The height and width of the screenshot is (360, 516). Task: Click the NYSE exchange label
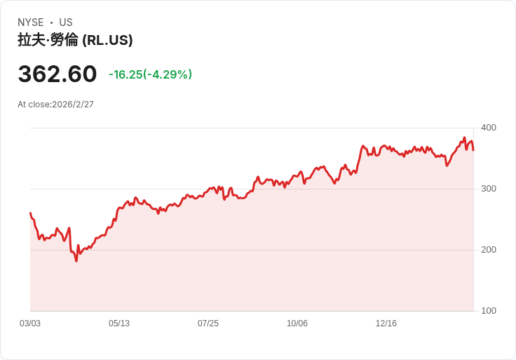coord(31,22)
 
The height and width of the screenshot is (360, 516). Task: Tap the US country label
coord(66,22)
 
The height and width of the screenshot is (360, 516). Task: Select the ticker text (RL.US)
coord(107,40)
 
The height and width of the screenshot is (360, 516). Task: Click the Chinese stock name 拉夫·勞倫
coord(48,40)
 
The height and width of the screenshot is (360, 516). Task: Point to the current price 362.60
coord(57,74)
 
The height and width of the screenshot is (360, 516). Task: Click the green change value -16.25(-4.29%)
coord(151,74)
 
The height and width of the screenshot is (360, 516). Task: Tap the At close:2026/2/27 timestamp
coord(55,105)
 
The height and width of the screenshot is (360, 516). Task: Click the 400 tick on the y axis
coord(489,128)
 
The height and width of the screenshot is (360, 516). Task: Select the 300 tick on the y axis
coord(489,189)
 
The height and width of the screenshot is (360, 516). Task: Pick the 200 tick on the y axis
coord(489,250)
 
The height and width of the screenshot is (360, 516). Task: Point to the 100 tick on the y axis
coord(489,311)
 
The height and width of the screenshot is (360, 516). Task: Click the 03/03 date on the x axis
coord(30,324)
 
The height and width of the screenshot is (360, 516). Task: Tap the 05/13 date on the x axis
coord(119,324)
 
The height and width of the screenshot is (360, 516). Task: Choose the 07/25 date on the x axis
coord(208,324)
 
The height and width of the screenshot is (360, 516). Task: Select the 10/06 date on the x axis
coord(297,324)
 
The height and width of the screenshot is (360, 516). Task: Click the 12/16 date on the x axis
coord(386,324)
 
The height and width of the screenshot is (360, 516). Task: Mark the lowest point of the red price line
coord(76,261)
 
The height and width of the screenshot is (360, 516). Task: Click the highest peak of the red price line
coord(464,138)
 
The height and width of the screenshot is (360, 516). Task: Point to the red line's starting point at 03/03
coord(30,213)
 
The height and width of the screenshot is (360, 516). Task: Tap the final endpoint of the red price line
coord(473,150)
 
